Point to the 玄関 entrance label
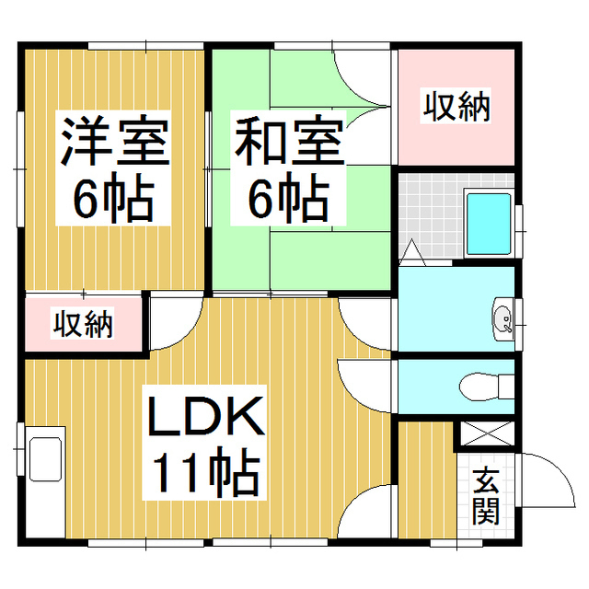pos(486,498)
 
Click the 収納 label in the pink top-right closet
pos(456,108)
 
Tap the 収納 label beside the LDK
pos(82,324)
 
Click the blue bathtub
pos(490,224)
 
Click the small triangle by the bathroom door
pos(411,249)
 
